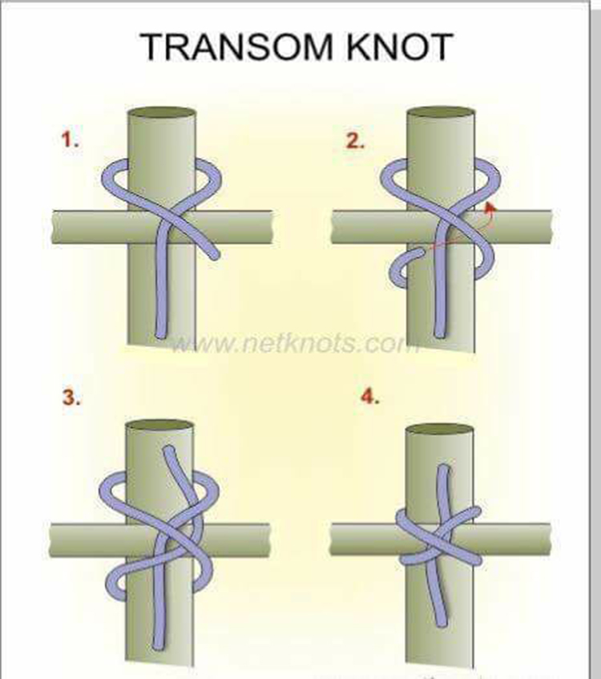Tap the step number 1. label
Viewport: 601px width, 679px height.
tap(71, 141)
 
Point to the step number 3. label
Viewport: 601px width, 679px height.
tap(72, 397)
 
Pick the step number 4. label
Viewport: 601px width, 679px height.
tap(369, 397)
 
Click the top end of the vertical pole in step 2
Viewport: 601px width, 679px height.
tap(441, 113)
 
